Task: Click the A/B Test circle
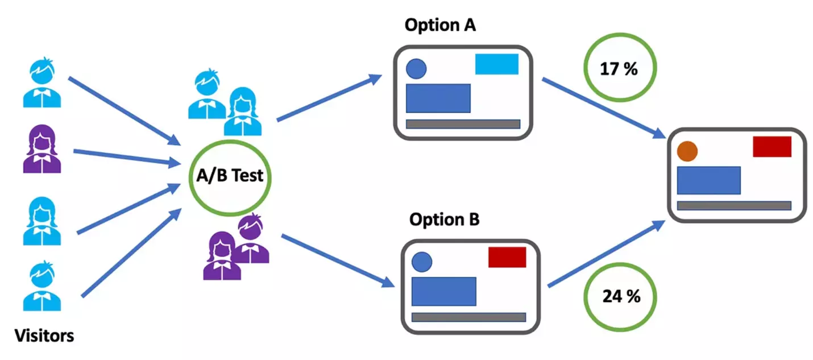tap(230, 175)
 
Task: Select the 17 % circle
tap(620, 69)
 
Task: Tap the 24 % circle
tap(621, 297)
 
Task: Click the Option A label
tap(439, 26)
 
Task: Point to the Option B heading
tap(445, 219)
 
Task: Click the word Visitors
tap(44, 336)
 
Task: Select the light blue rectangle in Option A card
tap(496, 64)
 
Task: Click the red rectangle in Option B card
tap(507, 257)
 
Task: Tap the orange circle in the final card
tap(687, 151)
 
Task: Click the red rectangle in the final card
tap(772, 147)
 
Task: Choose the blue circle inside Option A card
tap(416, 69)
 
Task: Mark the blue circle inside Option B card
tap(422, 262)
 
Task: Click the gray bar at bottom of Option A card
tap(463, 124)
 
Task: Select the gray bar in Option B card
tap(468, 317)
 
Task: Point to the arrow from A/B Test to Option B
tap(337, 260)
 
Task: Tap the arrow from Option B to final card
tap(606, 253)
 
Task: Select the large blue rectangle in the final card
tap(708, 180)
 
